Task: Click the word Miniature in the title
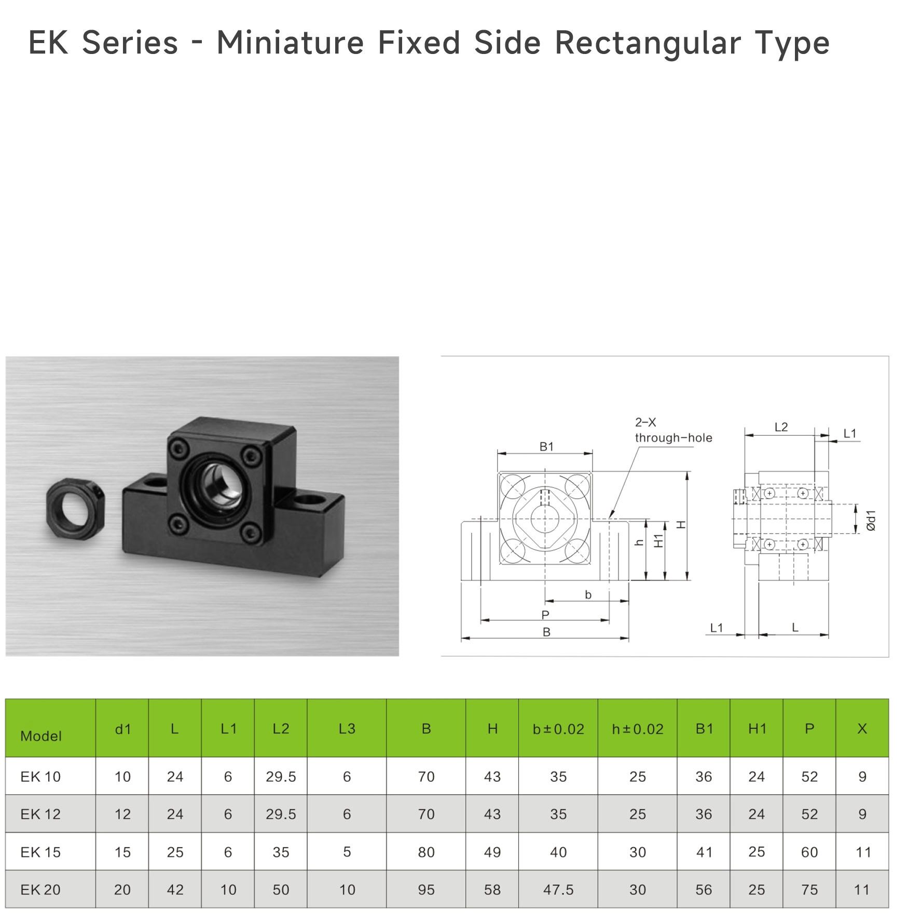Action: pos(290,43)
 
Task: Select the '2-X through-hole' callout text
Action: pos(674,430)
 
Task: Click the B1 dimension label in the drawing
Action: pos(546,446)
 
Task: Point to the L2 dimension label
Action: pos(781,427)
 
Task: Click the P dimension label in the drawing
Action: pos(545,615)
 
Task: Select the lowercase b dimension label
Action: pos(588,595)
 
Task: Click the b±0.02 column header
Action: pos(558,729)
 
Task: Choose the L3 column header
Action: pos(347,729)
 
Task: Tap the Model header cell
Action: pos(41,736)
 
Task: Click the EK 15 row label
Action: pos(40,852)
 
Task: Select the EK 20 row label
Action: pos(40,889)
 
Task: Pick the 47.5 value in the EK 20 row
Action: pos(558,889)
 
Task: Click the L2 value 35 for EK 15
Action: pos(281,852)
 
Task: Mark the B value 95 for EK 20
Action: pos(426,889)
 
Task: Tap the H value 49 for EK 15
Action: pos(492,852)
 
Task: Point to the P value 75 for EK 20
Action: pos(809,889)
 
